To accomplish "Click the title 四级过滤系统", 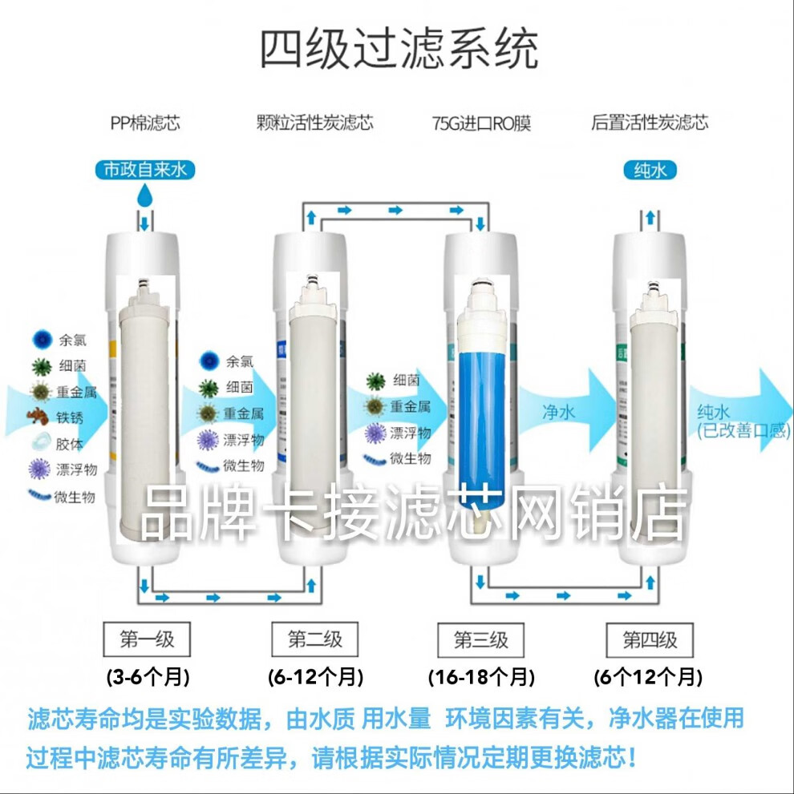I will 399,50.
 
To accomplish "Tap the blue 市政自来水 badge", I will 145,169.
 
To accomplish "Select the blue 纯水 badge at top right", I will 650,169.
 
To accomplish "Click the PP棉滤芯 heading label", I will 145,123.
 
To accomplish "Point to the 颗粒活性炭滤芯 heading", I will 314,123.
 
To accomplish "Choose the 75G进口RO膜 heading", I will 480,123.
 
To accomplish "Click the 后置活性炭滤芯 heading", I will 650,123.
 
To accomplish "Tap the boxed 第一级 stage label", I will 146,639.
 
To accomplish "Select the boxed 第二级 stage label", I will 315,639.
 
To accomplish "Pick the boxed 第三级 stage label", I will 481,640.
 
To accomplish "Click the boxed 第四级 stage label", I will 650,640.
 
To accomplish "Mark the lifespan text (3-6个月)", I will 148,678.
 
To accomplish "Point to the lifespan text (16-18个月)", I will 481,678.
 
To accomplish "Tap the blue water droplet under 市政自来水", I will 145,195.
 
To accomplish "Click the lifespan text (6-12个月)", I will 315,678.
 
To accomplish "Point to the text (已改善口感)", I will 736,431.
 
